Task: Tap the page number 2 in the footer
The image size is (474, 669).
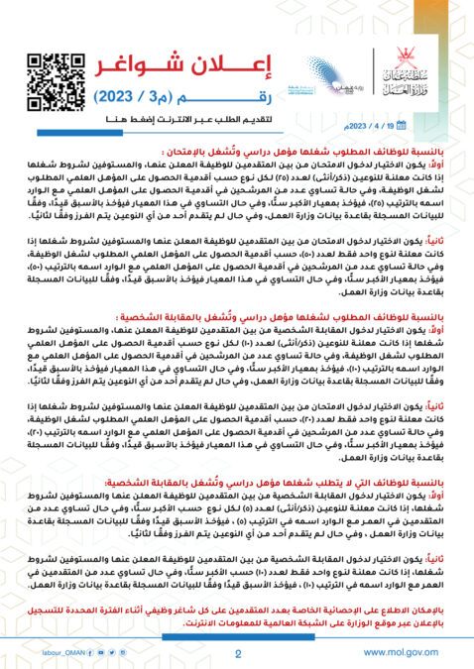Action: (238, 653)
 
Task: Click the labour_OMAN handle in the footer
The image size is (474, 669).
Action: (59, 652)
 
